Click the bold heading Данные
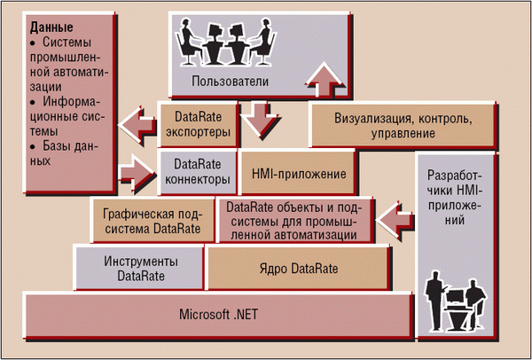tap(51, 27)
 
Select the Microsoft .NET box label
tap(218, 314)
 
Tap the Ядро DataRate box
tap(299, 268)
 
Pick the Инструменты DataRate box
tap(138, 268)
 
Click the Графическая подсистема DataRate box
tap(153, 220)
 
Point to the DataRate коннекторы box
tap(198, 172)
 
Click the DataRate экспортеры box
tap(198, 124)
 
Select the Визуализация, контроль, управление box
tap(403, 125)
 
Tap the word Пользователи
tap(230, 82)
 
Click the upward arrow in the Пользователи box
tap(324, 80)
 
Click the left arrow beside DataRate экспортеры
tap(137, 124)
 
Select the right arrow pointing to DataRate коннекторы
tap(137, 174)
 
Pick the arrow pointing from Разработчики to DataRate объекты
tap(395, 220)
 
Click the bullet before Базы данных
tap(33, 146)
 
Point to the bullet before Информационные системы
tap(33, 102)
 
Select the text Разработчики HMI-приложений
tap(455, 198)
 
